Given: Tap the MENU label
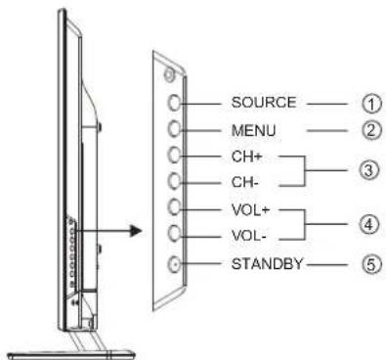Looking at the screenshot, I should (224, 127).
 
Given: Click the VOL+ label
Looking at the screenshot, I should (222, 208).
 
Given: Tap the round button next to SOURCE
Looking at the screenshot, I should (174, 101).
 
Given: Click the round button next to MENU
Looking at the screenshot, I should (174, 127).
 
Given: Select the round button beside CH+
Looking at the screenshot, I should (174, 155).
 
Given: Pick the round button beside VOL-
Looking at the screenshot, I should (174, 235).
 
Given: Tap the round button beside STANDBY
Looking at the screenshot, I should (174, 262).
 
